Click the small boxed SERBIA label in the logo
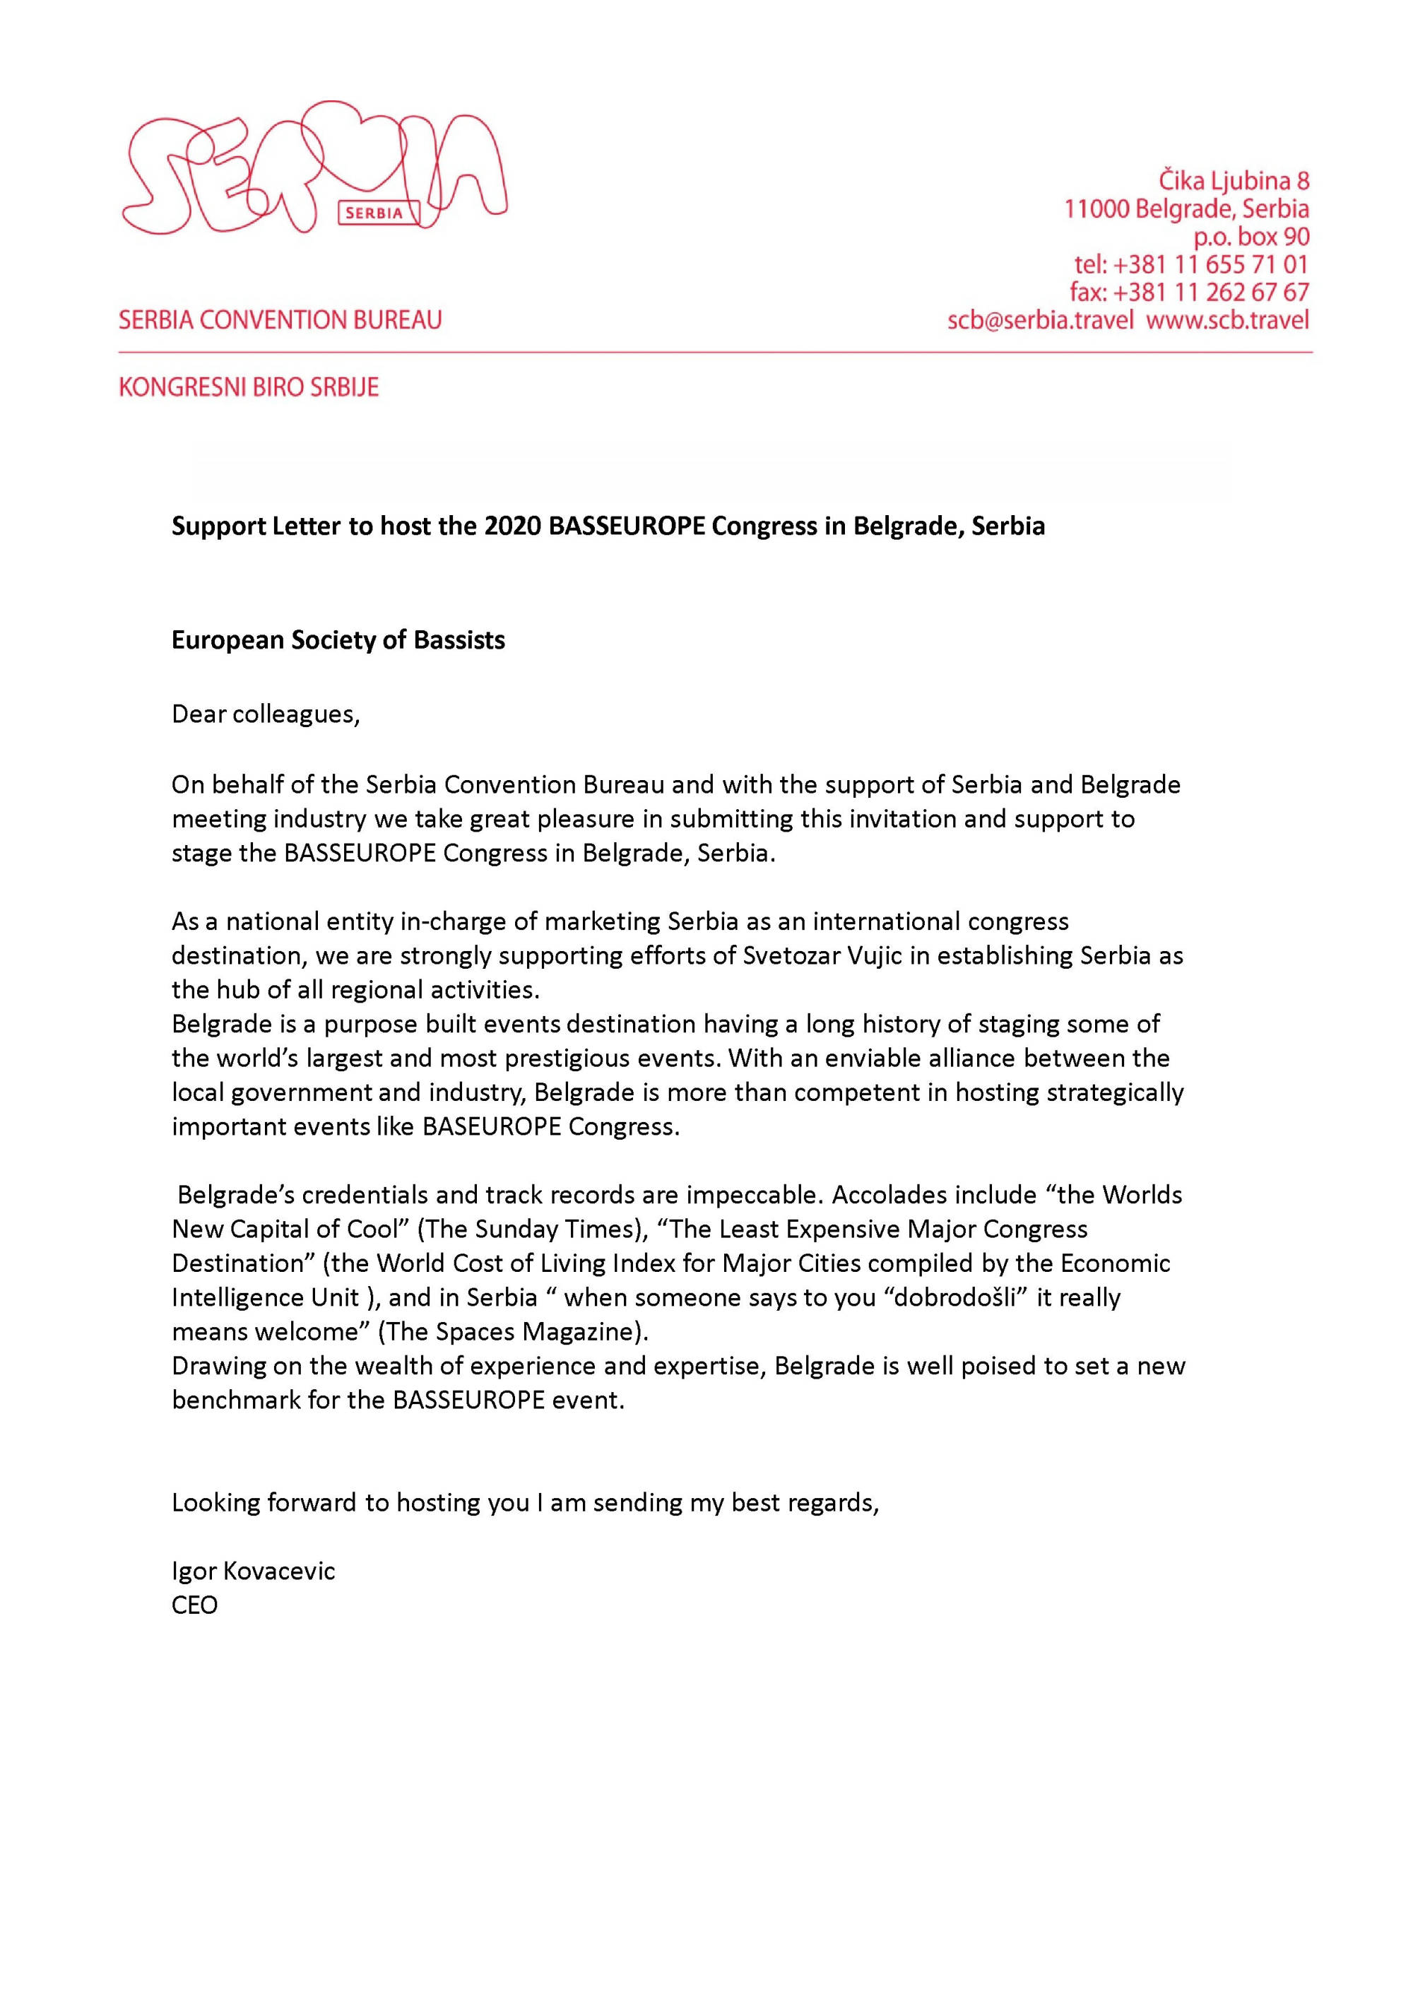pyautogui.click(x=374, y=213)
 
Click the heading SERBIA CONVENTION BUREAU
pyautogui.click(x=280, y=320)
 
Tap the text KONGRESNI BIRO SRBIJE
pyautogui.click(x=249, y=387)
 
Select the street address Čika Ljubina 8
pyautogui.click(x=1234, y=181)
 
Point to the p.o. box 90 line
pyautogui.click(x=1251, y=237)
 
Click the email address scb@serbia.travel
pyautogui.click(x=1041, y=320)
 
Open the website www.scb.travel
pyautogui.click(x=1228, y=320)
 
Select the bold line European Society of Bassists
pyautogui.click(x=338, y=640)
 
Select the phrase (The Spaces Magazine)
pyautogui.click(x=513, y=1331)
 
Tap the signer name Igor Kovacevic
pyautogui.click(x=254, y=1571)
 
